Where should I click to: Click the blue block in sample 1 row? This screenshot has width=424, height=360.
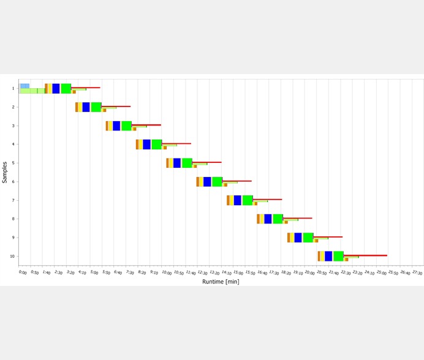[56, 88]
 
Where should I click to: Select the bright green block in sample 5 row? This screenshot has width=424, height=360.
[187, 163]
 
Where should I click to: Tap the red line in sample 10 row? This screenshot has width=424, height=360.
[365, 255]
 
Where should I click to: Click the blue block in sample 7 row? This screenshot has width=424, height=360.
[237, 200]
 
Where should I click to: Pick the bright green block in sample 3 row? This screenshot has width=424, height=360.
[126, 126]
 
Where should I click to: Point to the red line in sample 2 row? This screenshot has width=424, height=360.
[116, 107]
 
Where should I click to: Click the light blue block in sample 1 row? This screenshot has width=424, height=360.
[25, 86]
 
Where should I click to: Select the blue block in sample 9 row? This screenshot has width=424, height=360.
[298, 238]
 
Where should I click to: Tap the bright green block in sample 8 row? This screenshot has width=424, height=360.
[278, 219]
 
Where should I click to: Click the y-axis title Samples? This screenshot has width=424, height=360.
[5, 172]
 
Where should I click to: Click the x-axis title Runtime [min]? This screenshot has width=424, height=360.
[221, 282]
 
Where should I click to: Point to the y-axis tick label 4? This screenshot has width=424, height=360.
[12, 144]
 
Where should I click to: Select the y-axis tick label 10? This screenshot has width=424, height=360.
[12, 256]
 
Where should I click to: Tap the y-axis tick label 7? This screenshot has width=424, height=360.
[12, 200]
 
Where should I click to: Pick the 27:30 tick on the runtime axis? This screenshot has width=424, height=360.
[417, 272]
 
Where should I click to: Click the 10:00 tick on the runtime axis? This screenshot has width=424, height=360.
[166, 272]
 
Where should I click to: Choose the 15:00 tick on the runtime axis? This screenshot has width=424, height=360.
[238, 272]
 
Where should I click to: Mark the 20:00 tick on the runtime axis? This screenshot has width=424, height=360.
[309, 272]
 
